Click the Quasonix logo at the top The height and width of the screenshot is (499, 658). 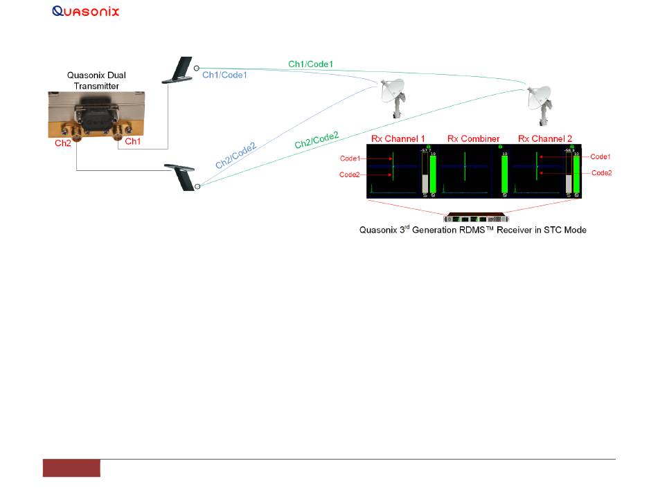(x=86, y=11)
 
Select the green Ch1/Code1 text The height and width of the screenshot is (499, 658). (x=311, y=64)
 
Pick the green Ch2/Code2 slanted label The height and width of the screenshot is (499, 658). (x=317, y=140)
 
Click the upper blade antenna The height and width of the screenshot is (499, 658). (x=179, y=71)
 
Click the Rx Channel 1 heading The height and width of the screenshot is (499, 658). (x=398, y=139)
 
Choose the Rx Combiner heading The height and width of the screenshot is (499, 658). (x=473, y=139)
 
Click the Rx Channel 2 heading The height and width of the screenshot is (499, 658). (x=545, y=139)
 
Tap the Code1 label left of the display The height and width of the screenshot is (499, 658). (x=350, y=158)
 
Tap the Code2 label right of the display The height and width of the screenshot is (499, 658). (x=601, y=172)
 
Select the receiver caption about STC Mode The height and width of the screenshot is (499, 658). (x=473, y=230)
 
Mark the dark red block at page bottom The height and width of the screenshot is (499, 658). (x=71, y=468)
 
